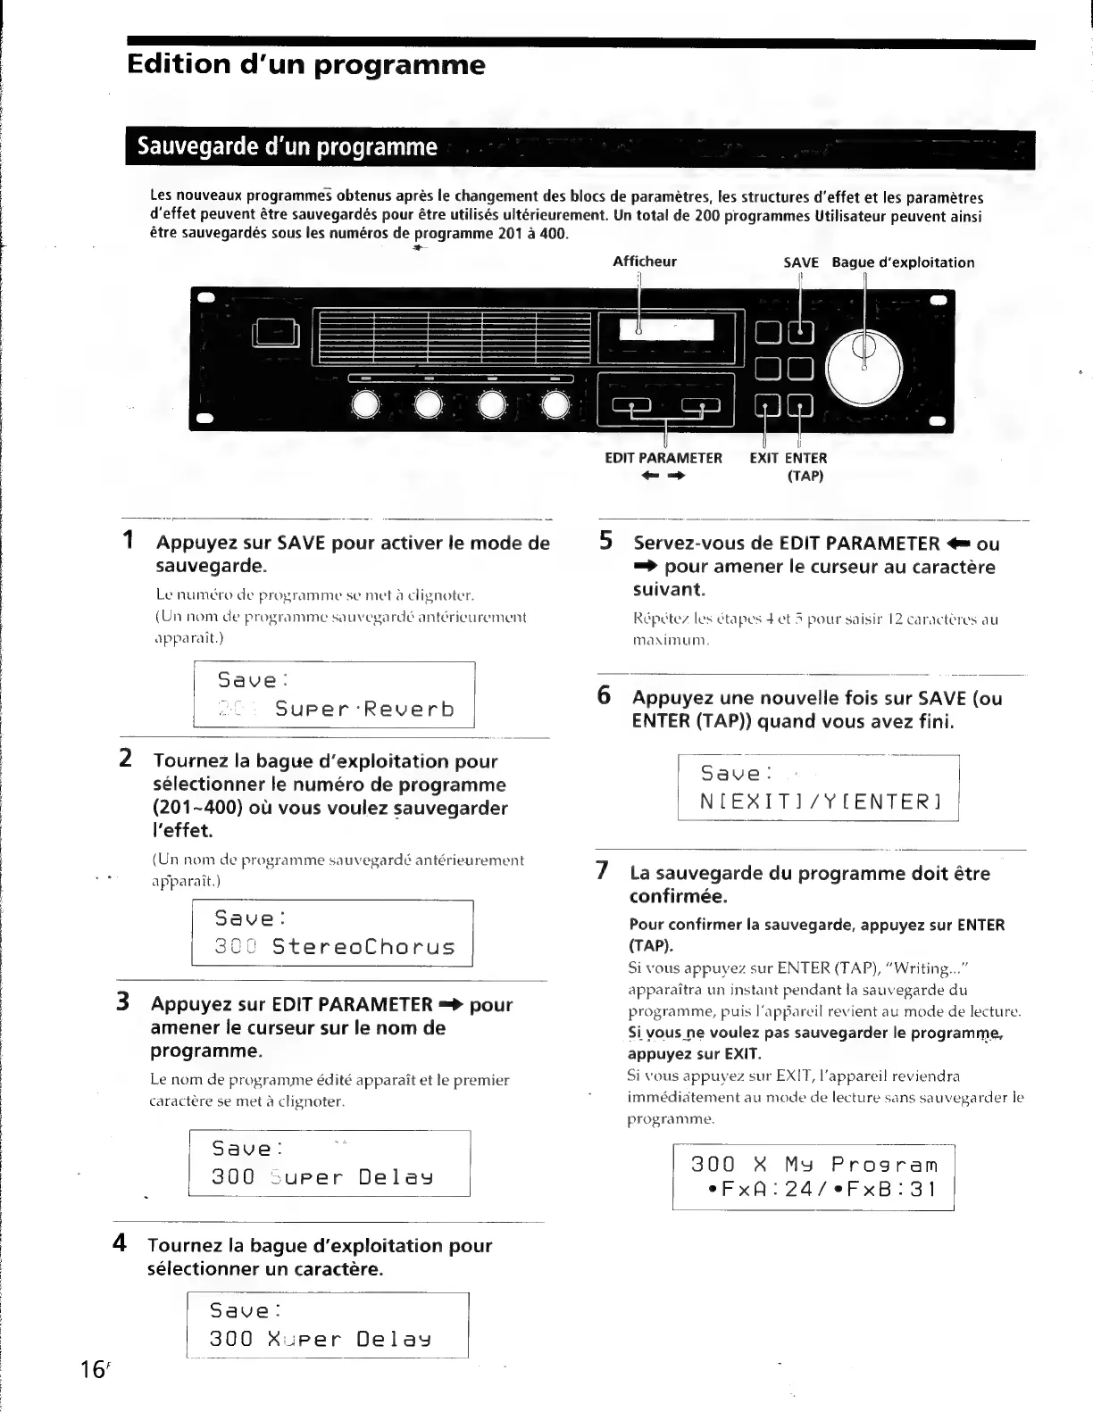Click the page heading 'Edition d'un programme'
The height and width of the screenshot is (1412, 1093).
pyautogui.click(x=306, y=65)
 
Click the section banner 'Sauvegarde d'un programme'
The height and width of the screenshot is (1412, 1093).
pyautogui.click(x=288, y=146)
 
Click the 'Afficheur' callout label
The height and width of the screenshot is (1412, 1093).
pyautogui.click(x=644, y=262)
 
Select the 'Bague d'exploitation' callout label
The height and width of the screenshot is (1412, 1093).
pyautogui.click(x=903, y=262)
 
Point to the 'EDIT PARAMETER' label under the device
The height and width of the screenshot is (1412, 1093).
pyautogui.click(x=663, y=458)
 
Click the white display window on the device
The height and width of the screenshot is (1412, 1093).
pyautogui.click(x=666, y=331)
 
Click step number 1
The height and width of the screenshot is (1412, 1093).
pyautogui.click(x=129, y=541)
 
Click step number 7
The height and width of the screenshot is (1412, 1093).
pyautogui.click(x=604, y=870)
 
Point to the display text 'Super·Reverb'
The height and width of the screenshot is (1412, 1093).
pyautogui.click(x=364, y=710)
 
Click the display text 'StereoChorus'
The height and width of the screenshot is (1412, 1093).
pyautogui.click(x=363, y=946)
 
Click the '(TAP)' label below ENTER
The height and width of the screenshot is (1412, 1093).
pyautogui.click(x=805, y=476)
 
